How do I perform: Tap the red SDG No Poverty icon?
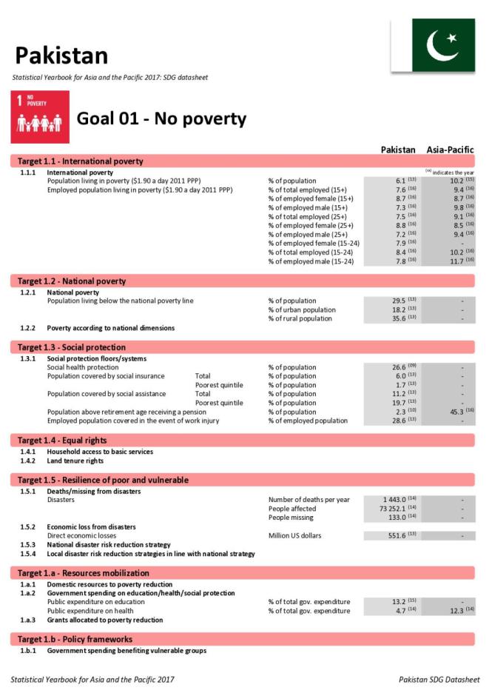40,117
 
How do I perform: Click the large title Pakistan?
61,56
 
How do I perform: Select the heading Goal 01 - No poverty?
161,119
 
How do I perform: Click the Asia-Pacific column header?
450,150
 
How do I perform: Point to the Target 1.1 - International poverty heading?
81,161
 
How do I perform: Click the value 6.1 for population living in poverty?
400,181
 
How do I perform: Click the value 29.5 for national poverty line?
399,301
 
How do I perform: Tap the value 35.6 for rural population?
399,318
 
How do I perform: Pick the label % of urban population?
301,309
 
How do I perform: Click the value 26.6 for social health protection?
399,367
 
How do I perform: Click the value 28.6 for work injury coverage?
399,421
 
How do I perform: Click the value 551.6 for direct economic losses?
397,535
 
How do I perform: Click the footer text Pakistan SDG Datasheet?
439,679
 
